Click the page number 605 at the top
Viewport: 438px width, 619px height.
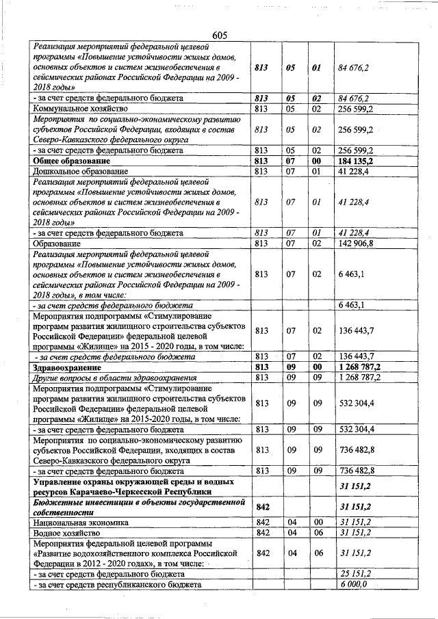coord(219,35)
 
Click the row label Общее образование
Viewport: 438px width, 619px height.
coord(70,160)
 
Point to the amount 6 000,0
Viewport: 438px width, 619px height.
coord(353,585)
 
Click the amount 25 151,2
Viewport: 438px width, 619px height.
coord(355,575)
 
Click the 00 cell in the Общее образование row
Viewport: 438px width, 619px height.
coord(317,160)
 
